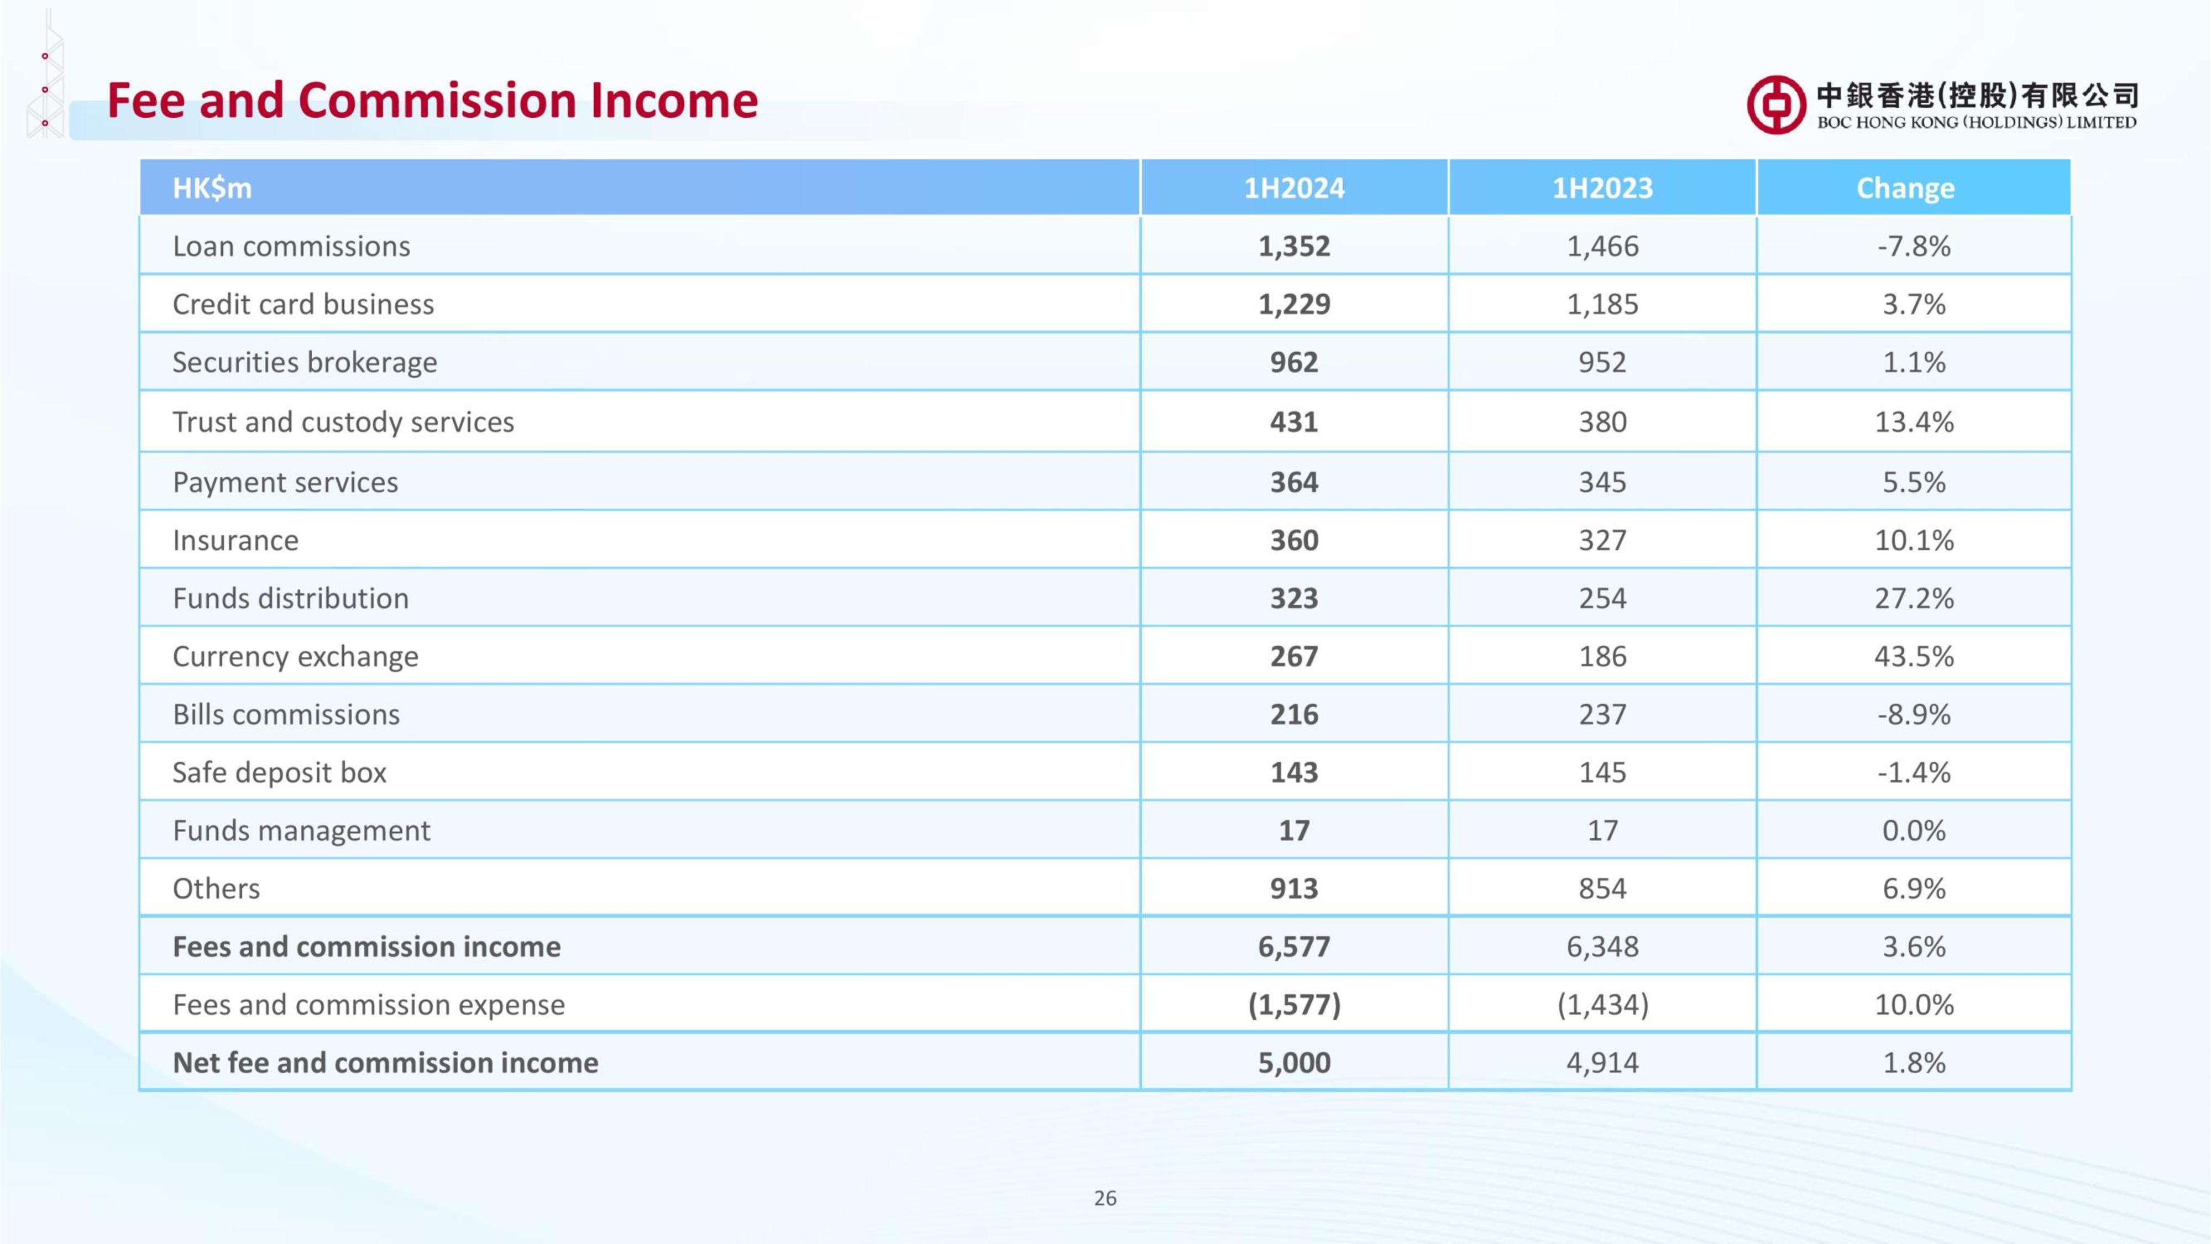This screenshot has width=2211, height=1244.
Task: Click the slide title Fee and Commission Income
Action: (433, 101)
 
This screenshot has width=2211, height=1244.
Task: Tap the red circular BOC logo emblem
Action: (1776, 104)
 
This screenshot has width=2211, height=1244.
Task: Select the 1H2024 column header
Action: (1295, 188)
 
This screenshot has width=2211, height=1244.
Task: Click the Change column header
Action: (1905, 188)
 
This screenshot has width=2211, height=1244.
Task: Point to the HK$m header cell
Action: (212, 188)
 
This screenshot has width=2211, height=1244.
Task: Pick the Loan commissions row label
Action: (292, 247)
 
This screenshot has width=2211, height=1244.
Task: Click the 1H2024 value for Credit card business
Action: (1295, 304)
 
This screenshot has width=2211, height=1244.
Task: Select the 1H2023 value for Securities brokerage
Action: (1602, 362)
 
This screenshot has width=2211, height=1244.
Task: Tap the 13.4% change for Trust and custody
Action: (1914, 421)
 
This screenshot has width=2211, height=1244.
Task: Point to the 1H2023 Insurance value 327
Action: (1602, 541)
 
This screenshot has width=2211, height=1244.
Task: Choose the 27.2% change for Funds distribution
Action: (1914, 598)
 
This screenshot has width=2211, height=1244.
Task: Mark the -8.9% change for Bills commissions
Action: (1914, 714)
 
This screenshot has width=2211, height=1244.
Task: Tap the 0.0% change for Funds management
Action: (1914, 830)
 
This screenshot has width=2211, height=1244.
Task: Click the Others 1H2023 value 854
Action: (1602, 888)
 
